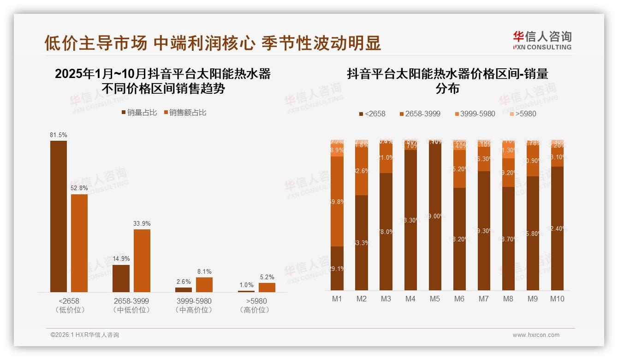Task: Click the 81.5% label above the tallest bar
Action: click(x=59, y=135)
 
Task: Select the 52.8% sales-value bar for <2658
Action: click(x=79, y=243)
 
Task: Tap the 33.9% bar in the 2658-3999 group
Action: click(x=142, y=260)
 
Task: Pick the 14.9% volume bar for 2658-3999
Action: click(x=121, y=278)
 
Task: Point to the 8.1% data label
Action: click(x=204, y=272)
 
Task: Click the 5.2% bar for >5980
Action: click(x=267, y=287)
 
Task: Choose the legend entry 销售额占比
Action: click(x=185, y=112)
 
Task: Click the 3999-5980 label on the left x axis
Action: click(x=194, y=301)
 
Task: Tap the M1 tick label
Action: click(x=337, y=299)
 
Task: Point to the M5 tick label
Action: click(x=435, y=299)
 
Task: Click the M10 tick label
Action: click(x=557, y=299)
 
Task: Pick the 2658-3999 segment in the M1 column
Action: click(x=337, y=201)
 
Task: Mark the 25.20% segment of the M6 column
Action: click(x=459, y=169)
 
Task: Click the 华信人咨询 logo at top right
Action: click(x=542, y=40)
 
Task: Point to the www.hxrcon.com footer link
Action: click(x=536, y=335)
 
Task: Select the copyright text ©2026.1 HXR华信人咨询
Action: click(x=85, y=335)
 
